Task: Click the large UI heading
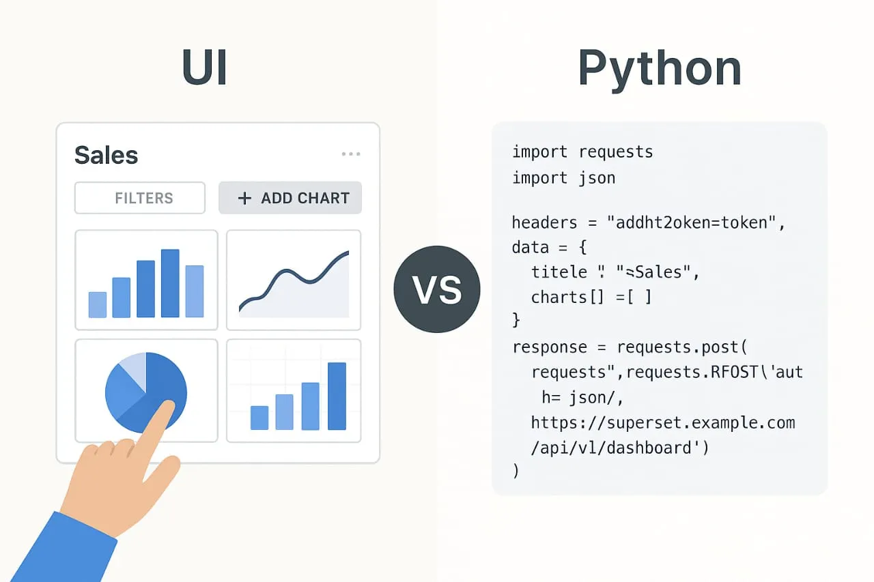click(x=204, y=67)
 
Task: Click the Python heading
click(x=659, y=68)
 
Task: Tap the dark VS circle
click(x=437, y=290)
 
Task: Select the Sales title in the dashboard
click(x=106, y=156)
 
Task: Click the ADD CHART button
click(x=290, y=198)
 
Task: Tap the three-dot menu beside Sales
click(x=351, y=154)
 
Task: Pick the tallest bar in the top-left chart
click(x=170, y=283)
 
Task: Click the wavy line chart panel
click(x=294, y=280)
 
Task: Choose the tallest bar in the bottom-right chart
click(x=337, y=396)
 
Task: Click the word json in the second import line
click(x=597, y=178)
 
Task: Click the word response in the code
click(x=550, y=347)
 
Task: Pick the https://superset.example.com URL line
click(x=662, y=423)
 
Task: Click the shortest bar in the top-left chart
click(x=98, y=304)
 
